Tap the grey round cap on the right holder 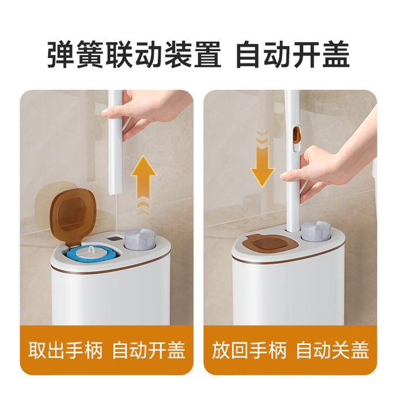tap(316, 232)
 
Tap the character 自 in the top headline tap(249, 55)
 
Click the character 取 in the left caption tap(37, 350)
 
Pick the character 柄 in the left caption tap(93, 350)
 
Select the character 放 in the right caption tap(221, 350)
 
